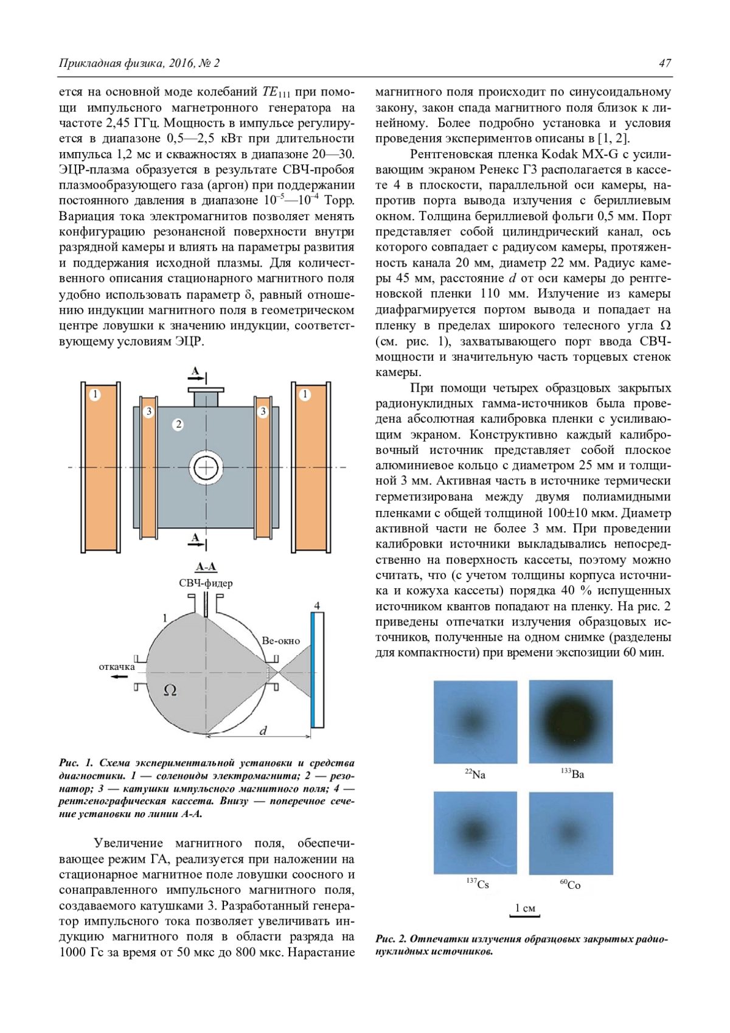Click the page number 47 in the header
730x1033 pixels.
pos(664,63)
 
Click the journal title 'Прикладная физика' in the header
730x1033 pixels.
pos(103,63)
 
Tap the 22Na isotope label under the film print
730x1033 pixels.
pos(476,774)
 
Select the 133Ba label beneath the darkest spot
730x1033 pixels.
pos(572,774)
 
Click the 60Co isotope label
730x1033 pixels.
pos(570,885)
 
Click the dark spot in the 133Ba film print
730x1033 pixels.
pos(571,722)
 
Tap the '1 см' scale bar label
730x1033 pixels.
pos(524,908)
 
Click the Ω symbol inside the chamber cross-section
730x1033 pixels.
pos(170,690)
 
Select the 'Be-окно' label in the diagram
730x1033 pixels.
pos(280,641)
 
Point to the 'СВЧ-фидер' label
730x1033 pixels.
pos(206,583)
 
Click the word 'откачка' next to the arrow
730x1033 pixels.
pos(117,667)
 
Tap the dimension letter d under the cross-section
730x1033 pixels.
pos(263,731)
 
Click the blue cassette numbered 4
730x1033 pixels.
pos(317,669)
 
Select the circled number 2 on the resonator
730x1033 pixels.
pos(178,424)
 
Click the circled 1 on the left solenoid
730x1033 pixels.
pos(94,394)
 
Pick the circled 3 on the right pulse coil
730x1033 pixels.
pos(263,412)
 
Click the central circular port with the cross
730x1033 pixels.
pos(206,467)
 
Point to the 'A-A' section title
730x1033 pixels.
pos(206,567)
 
